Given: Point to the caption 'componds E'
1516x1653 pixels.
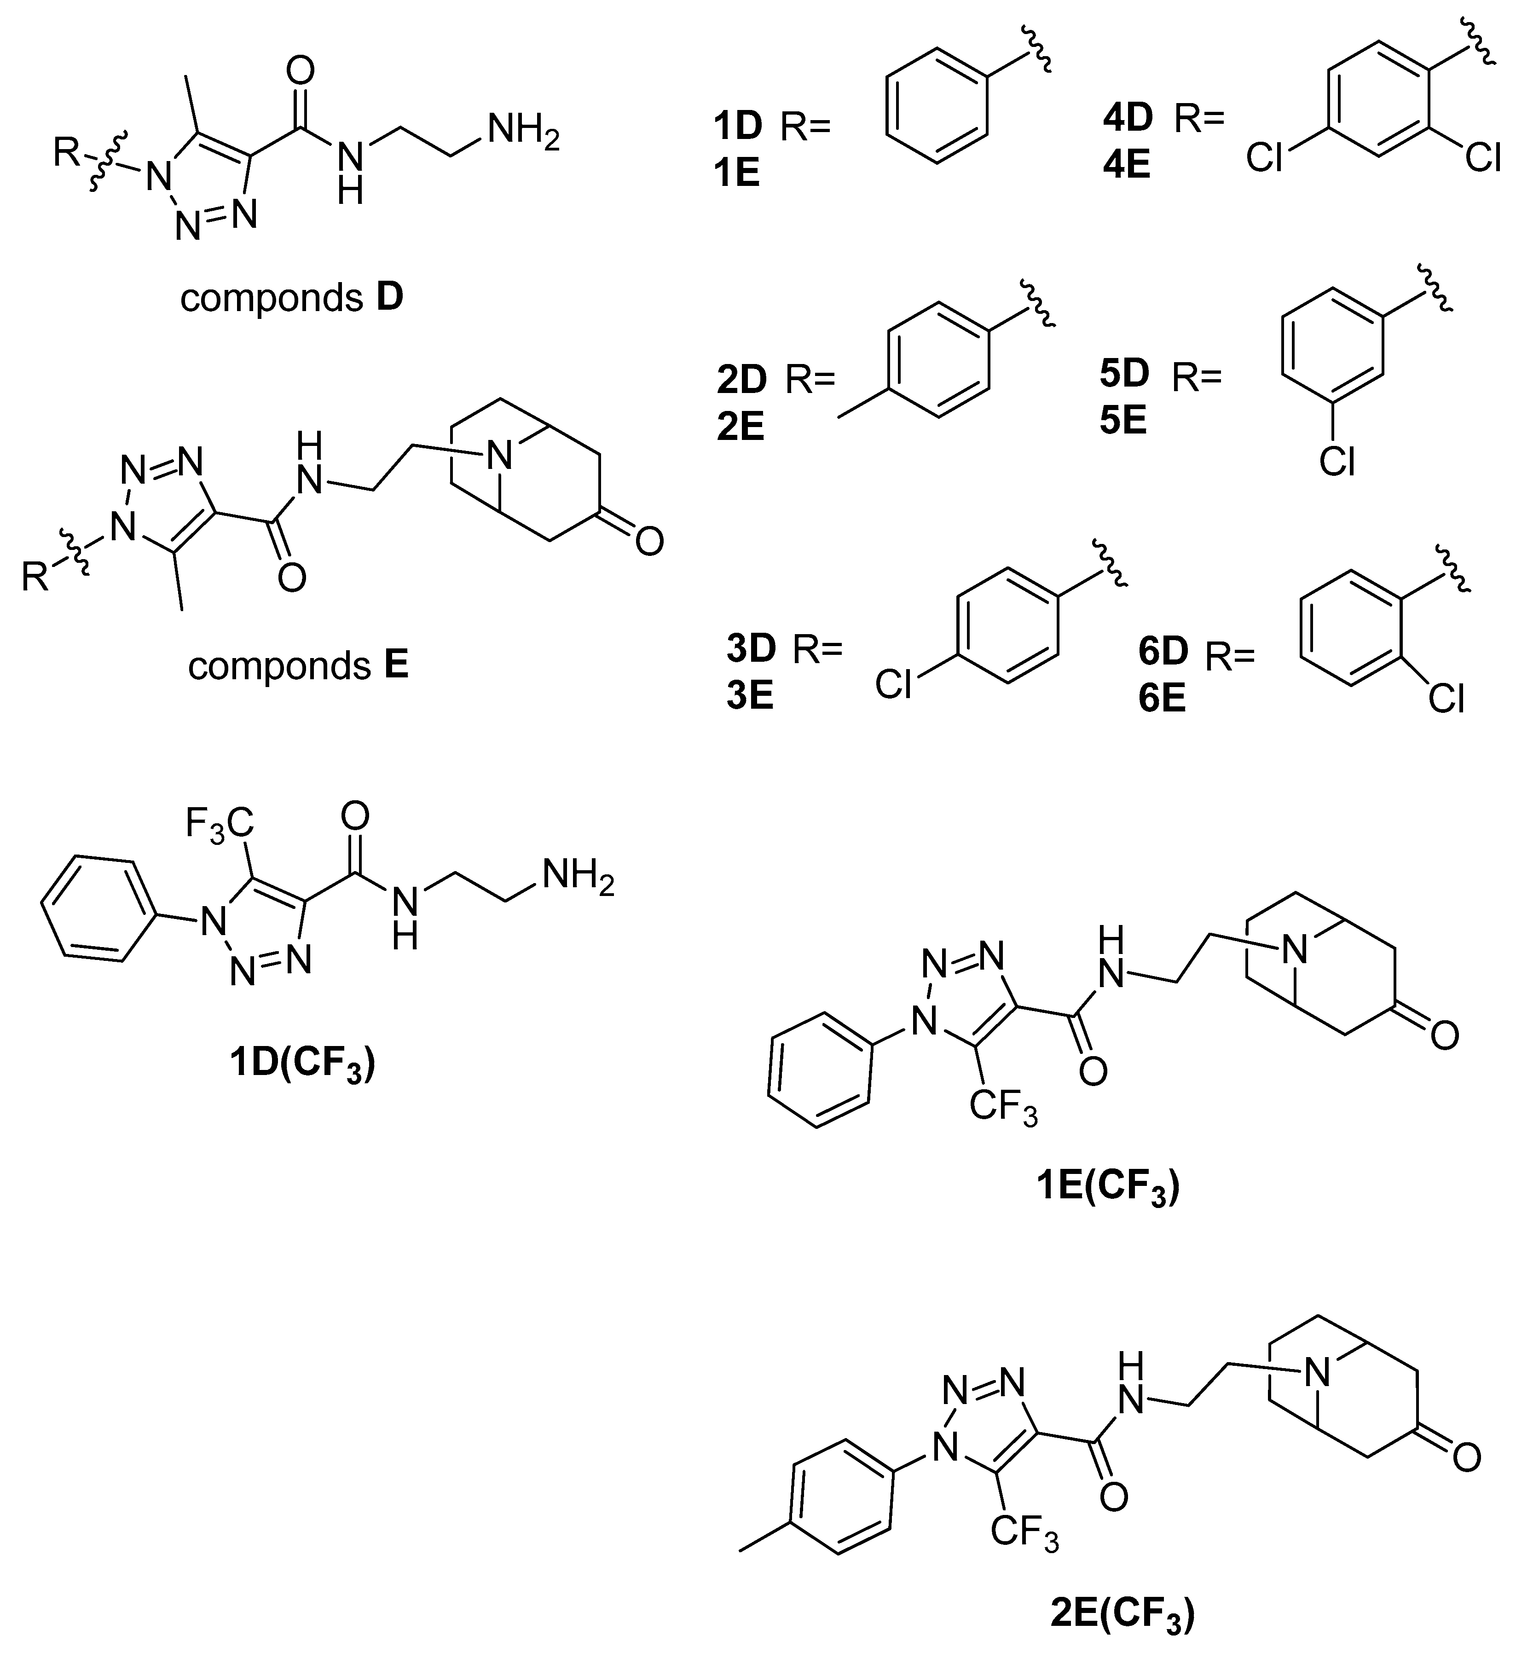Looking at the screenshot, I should tap(298, 666).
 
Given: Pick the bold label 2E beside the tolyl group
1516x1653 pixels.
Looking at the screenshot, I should tap(741, 427).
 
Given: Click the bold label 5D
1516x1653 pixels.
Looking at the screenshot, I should tap(1124, 374).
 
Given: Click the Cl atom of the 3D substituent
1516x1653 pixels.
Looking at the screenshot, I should tap(893, 685).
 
